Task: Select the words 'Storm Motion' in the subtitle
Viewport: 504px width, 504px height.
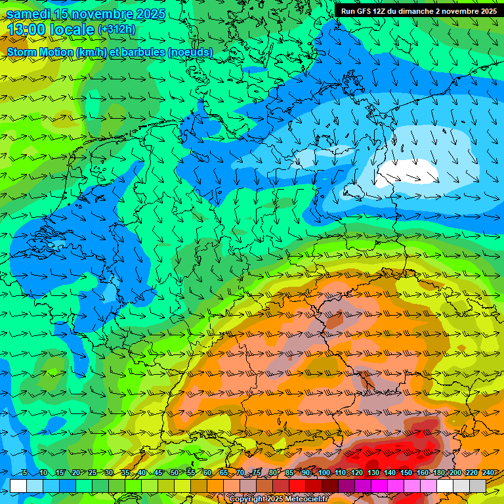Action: [40, 52]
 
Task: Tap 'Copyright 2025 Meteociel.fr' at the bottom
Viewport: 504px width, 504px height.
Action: [278, 499]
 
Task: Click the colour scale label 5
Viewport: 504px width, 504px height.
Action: [24, 473]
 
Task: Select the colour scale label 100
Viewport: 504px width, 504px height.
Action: [324, 473]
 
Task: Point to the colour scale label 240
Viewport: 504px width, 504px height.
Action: [488, 473]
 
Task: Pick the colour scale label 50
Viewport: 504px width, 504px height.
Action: [175, 473]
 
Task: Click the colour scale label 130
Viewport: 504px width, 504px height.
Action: [373, 473]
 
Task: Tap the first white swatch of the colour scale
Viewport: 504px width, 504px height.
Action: [18, 486]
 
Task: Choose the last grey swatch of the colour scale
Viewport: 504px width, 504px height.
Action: [478, 486]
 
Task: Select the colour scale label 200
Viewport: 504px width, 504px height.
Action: [455, 473]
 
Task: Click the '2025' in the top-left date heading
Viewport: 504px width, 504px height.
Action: [150, 14]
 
